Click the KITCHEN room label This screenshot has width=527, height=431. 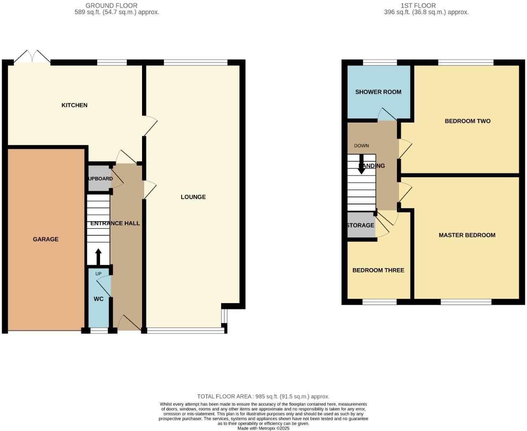point(74,105)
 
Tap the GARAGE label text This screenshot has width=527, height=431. point(46,239)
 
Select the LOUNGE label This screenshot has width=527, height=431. point(193,197)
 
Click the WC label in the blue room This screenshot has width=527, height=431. point(98,299)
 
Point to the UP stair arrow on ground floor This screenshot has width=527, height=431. point(98,257)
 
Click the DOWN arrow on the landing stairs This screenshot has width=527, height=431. point(361,164)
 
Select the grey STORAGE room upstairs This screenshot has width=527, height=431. point(361,225)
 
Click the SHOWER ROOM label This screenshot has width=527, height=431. point(378,92)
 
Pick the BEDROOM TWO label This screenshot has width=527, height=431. point(467,121)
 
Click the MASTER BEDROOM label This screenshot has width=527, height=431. point(467,235)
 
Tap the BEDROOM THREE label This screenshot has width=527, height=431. point(378,270)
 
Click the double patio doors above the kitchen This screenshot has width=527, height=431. point(32,57)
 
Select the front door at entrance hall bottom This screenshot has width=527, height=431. point(128,323)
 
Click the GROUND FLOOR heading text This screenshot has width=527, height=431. point(112,6)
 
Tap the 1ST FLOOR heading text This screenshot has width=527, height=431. point(418,6)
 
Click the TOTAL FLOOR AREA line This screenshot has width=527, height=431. point(263,396)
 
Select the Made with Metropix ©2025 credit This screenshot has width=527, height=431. point(263,428)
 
